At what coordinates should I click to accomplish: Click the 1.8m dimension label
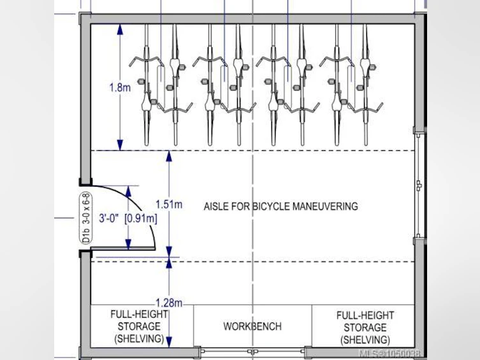(120, 87)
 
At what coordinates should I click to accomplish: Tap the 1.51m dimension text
(169, 204)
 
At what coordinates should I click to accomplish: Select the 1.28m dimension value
(169, 303)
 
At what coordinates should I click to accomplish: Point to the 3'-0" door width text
(108, 218)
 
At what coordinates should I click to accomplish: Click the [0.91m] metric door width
(141, 219)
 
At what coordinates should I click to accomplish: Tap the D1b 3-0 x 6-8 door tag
(87, 218)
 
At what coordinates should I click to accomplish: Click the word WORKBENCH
(252, 326)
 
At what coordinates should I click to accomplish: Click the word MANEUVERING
(325, 206)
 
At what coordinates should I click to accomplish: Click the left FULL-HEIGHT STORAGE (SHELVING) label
(140, 326)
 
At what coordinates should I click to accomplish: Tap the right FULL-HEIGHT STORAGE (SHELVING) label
(365, 328)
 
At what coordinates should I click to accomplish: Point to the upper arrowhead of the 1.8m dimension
(120, 29)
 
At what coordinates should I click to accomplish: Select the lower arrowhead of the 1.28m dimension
(169, 342)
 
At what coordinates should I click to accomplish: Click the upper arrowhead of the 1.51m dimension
(169, 156)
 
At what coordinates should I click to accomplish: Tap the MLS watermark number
(389, 354)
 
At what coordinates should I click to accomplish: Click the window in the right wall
(419, 185)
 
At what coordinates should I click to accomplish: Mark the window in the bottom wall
(253, 352)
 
